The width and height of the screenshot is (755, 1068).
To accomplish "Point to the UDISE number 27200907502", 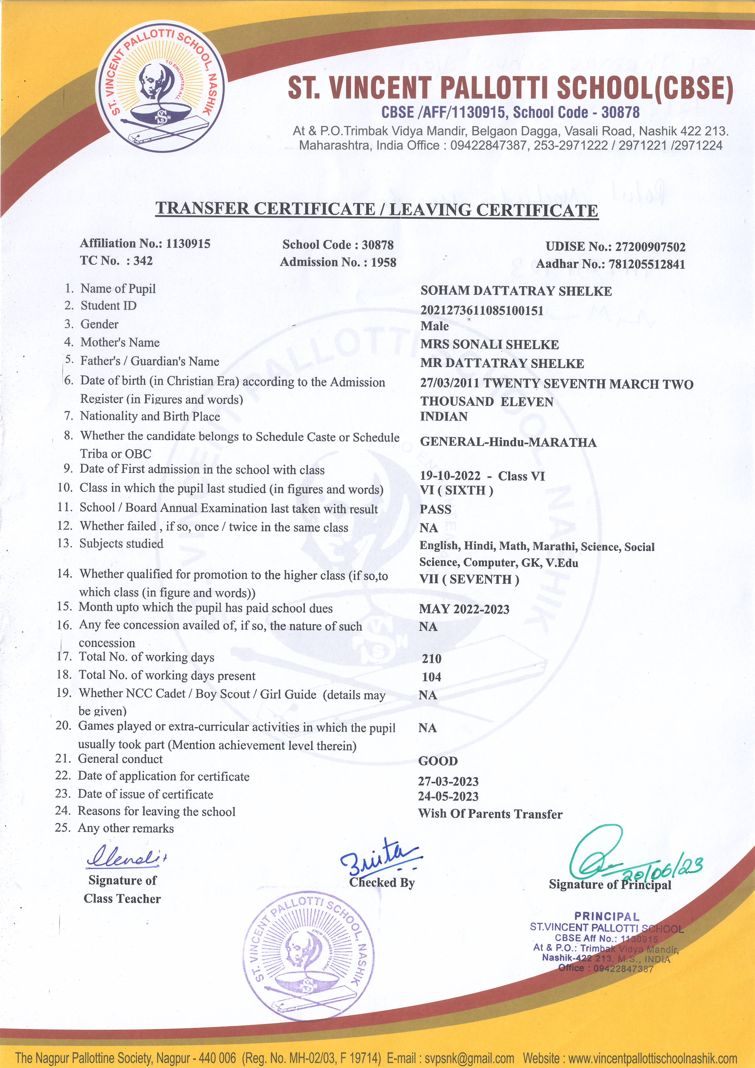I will click(x=650, y=247).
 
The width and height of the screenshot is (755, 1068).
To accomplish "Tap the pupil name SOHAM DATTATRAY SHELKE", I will click(x=516, y=291).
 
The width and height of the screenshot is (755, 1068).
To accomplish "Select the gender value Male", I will click(x=434, y=326).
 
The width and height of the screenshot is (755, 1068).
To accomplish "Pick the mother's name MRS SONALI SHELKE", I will click(x=489, y=345).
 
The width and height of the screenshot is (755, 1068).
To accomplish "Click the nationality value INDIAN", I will click(x=444, y=416).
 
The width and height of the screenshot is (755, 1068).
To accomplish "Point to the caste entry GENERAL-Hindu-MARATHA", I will click(x=508, y=442).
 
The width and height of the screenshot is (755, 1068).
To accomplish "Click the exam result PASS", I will click(x=435, y=509).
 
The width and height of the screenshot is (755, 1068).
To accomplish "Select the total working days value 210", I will click(x=431, y=659).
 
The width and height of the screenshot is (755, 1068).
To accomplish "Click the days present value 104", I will click(x=431, y=677).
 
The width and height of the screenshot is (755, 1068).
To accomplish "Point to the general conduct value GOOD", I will click(x=438, y=761).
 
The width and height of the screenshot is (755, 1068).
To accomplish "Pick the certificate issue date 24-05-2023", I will click(x=448, y=797).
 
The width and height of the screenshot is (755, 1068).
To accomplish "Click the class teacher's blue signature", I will click(x=126, y=857).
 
